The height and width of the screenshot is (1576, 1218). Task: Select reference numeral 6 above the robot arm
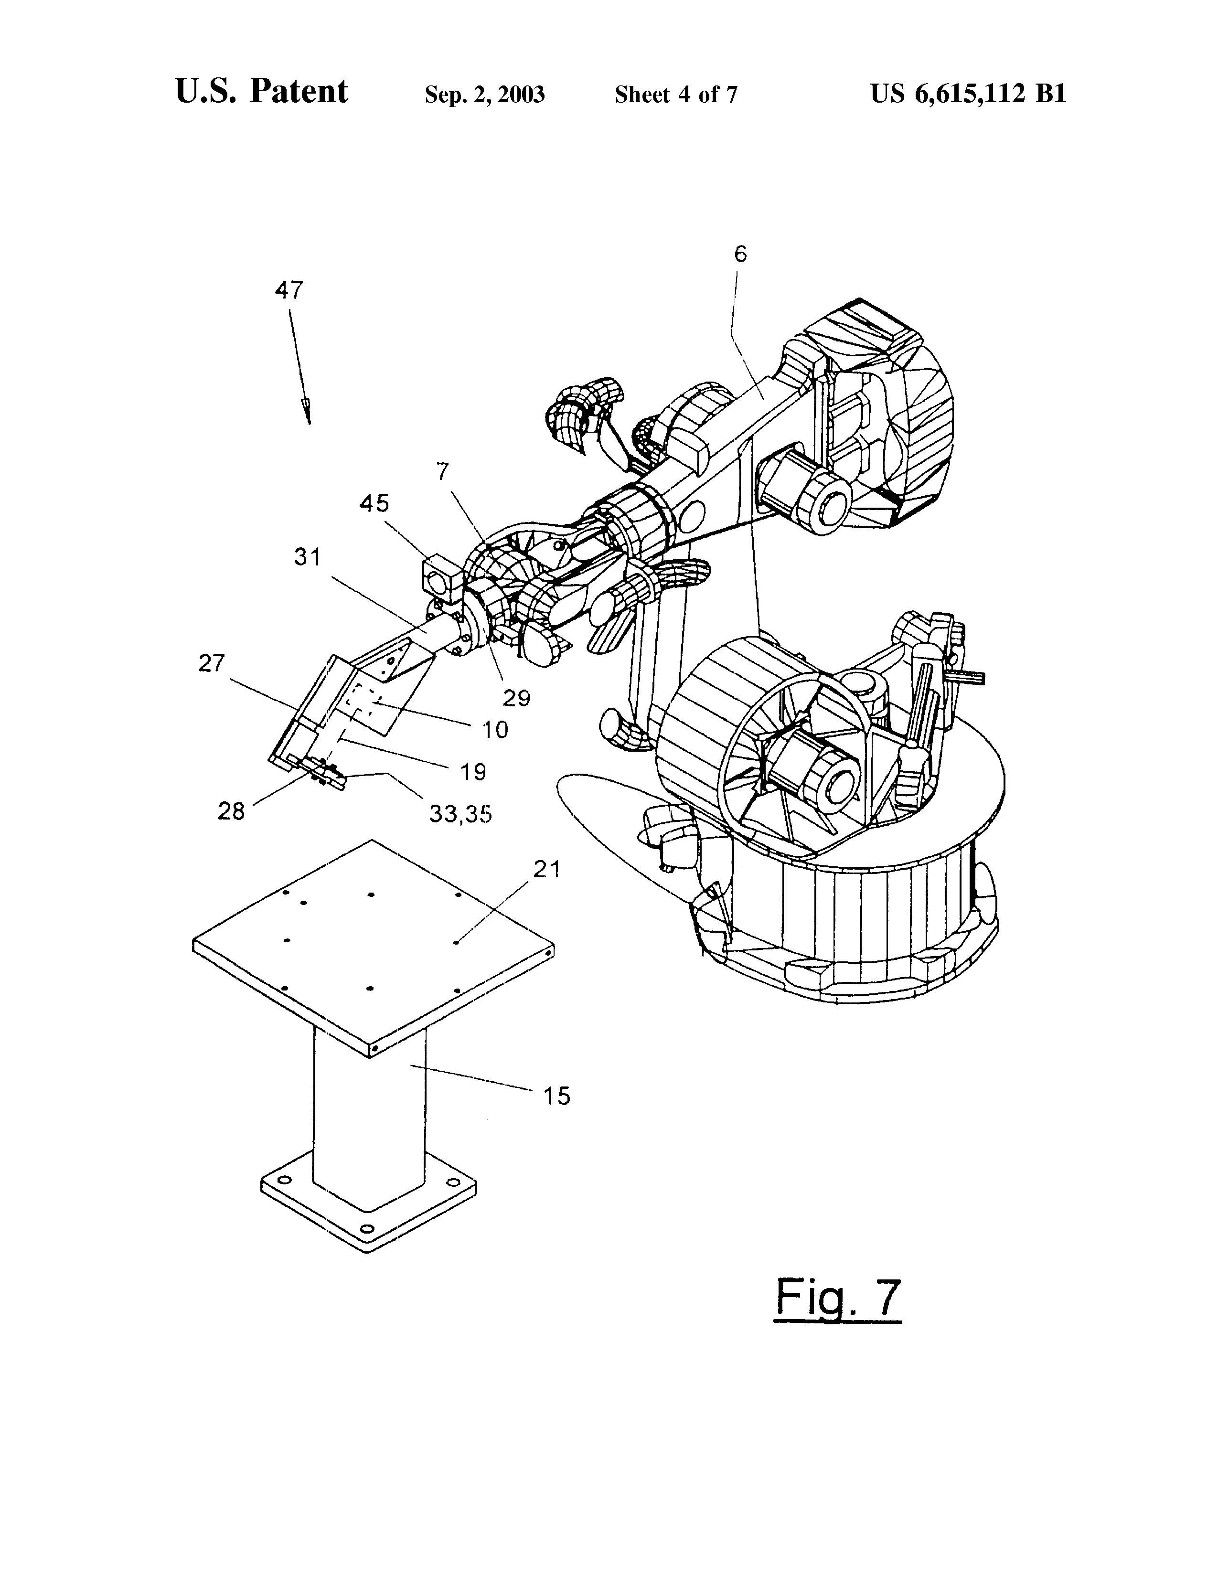coord(740,254)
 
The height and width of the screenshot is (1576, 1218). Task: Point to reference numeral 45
coord(374,502)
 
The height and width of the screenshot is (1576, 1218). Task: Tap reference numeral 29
coord(517,698)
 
